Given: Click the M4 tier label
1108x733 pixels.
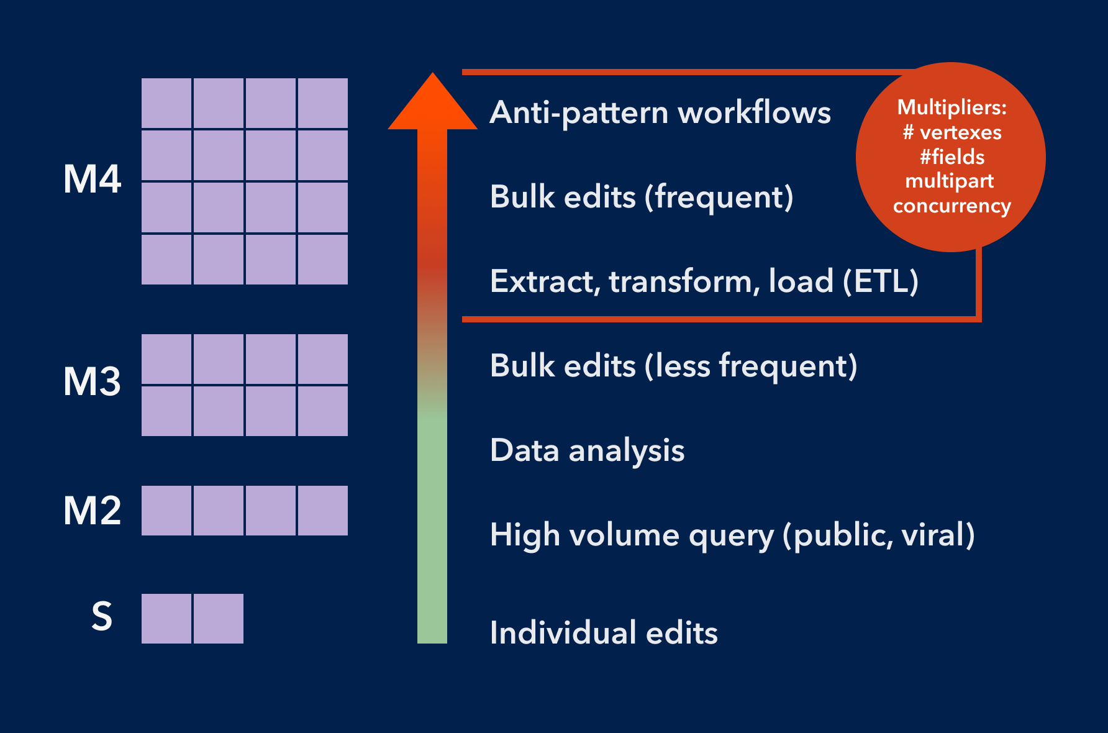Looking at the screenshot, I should [92, 180].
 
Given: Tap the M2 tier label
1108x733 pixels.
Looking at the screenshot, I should [92, 511].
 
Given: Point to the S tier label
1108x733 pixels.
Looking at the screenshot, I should [102, 616].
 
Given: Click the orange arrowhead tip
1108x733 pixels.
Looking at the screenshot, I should [433, 78].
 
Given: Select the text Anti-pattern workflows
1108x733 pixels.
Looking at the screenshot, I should [660, 113].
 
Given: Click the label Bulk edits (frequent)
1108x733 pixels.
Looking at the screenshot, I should [642, 197].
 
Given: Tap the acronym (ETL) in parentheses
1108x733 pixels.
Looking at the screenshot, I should [880, 281].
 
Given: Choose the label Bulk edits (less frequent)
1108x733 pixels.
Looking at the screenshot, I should [673, 366].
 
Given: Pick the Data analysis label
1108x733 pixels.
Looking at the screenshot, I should [587, 450].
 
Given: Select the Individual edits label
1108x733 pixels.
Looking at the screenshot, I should [604, 633].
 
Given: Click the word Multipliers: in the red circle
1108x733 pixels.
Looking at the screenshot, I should [951, 107].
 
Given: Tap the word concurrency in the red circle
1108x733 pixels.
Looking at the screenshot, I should [951, 206].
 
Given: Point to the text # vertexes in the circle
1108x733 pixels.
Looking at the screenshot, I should [951, 132].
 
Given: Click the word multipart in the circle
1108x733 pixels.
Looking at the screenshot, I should [950, 181].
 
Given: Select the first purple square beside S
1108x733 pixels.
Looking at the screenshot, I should [166, 619].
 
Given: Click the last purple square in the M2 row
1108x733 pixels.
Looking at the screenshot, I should [323, 511].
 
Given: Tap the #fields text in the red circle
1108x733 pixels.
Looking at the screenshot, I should [951, 157].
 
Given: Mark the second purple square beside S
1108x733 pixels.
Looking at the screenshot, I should [219, 619].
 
